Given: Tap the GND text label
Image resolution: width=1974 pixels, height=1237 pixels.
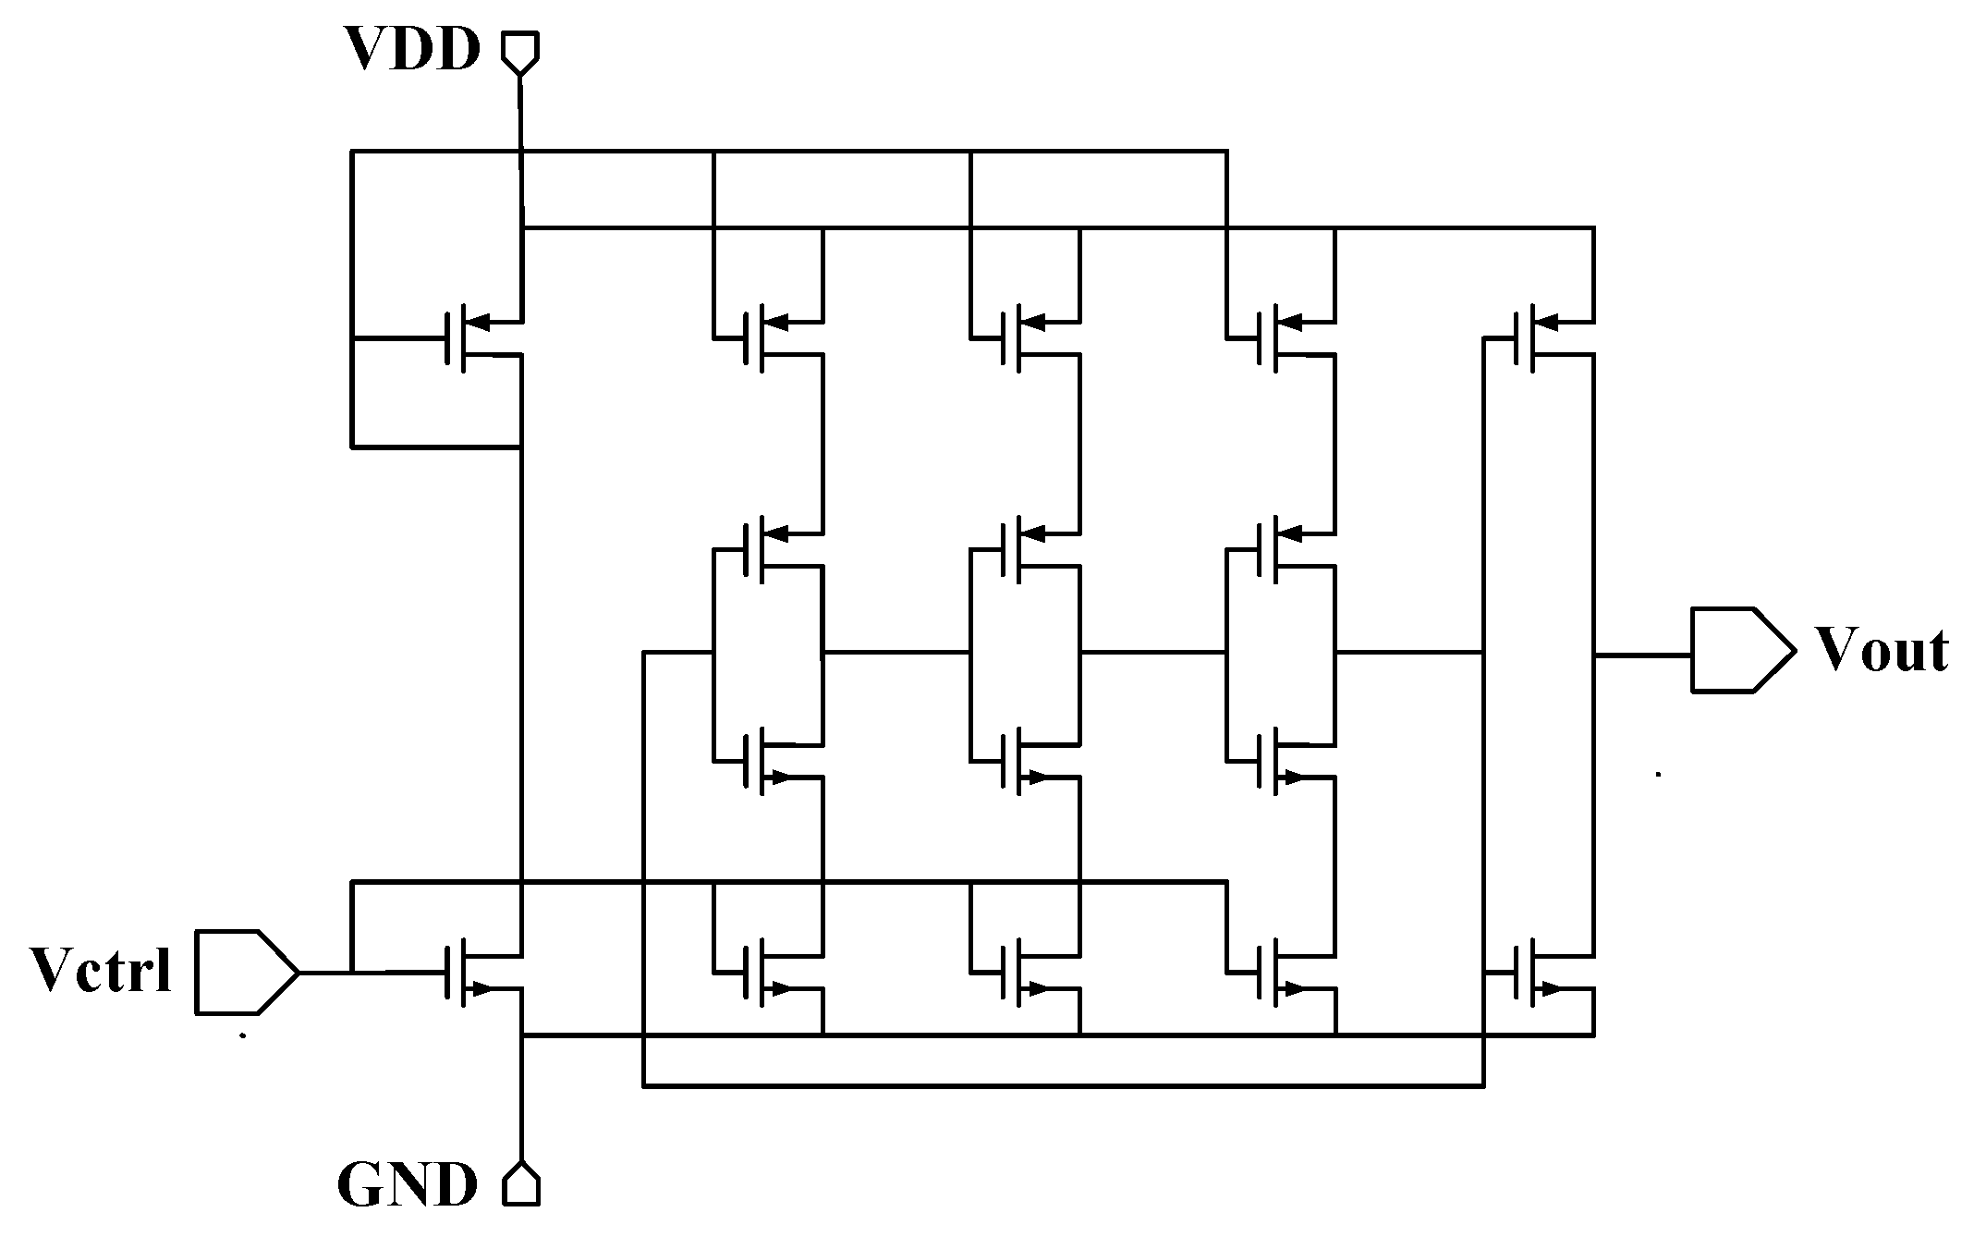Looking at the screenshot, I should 408,1185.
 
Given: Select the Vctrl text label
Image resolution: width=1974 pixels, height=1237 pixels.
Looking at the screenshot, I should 101,971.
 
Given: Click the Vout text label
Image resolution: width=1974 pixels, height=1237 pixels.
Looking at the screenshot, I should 1882,650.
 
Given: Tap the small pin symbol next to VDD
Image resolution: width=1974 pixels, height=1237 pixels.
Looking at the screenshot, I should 520,52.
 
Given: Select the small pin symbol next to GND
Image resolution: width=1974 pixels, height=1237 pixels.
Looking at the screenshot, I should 521,1185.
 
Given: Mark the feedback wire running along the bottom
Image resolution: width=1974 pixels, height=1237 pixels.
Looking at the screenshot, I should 1063,1085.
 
